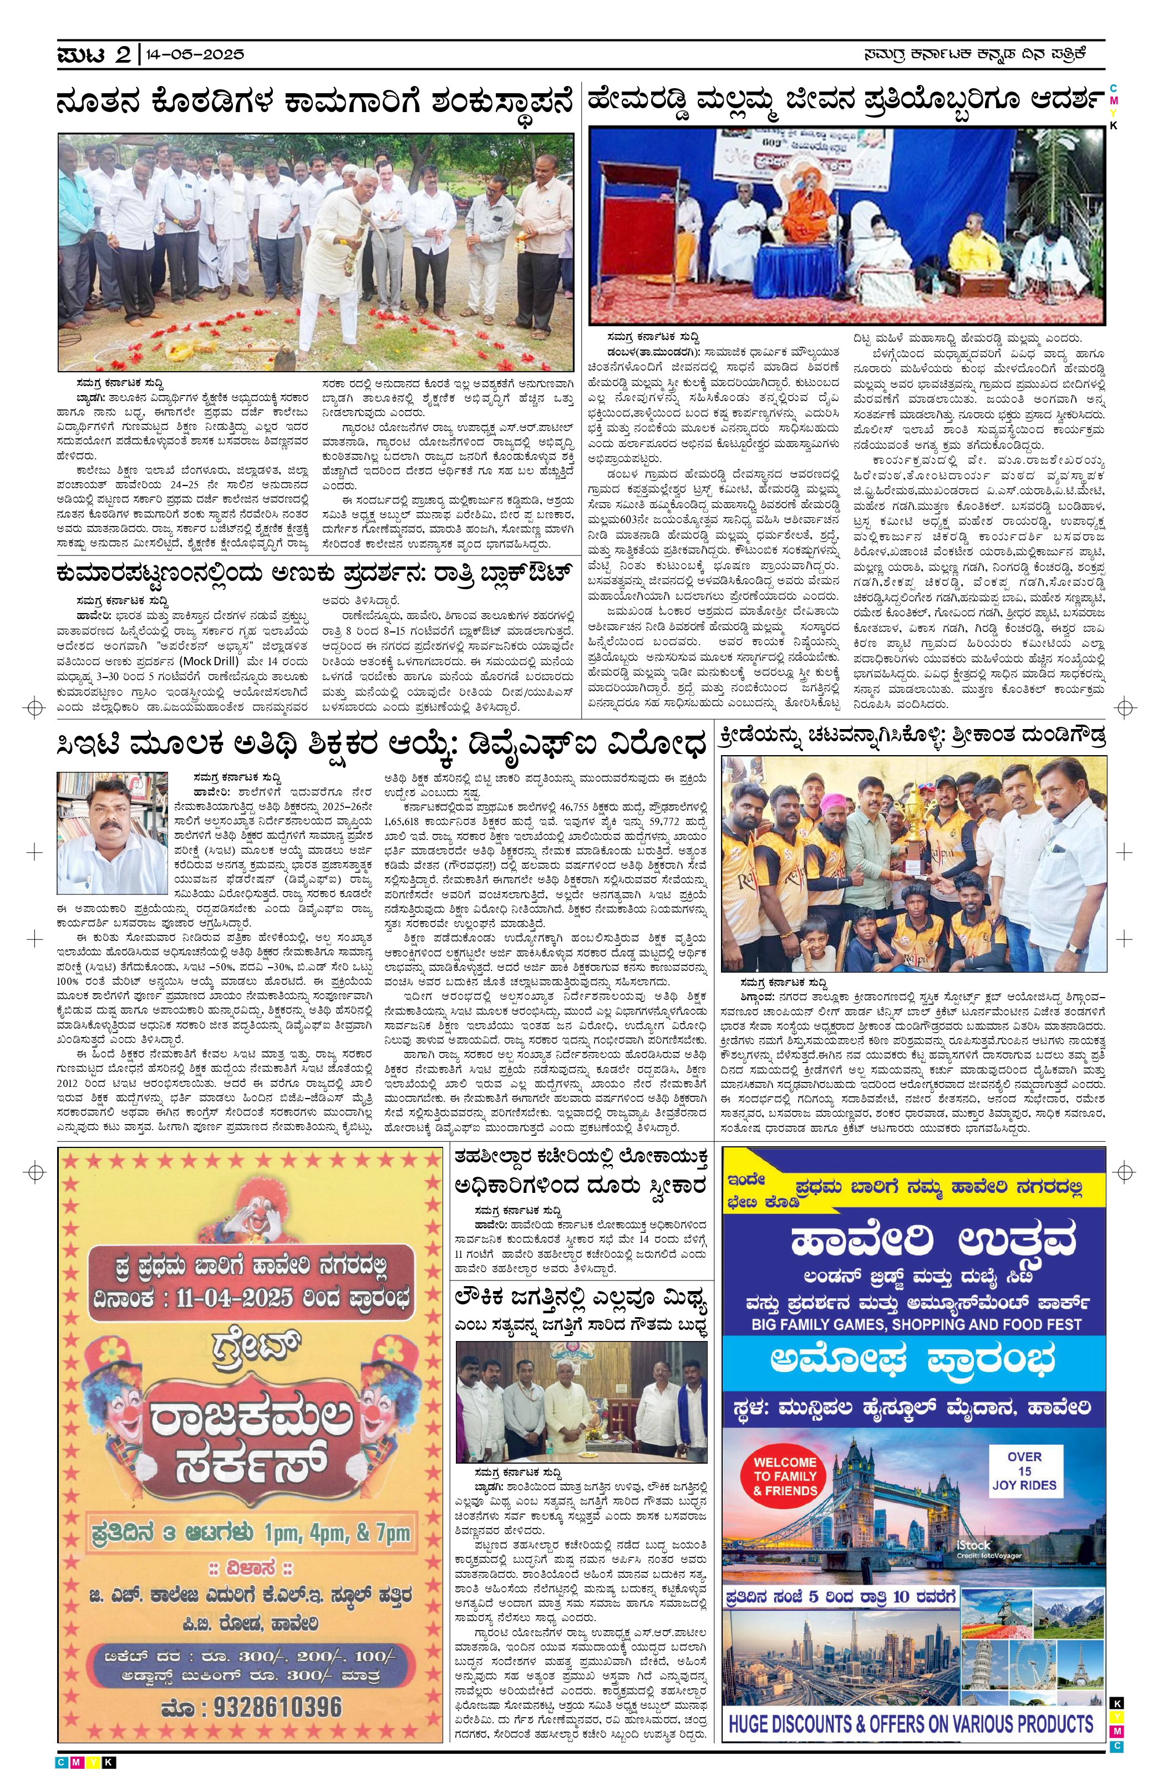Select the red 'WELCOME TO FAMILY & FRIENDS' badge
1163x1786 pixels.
coord(785,1475)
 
